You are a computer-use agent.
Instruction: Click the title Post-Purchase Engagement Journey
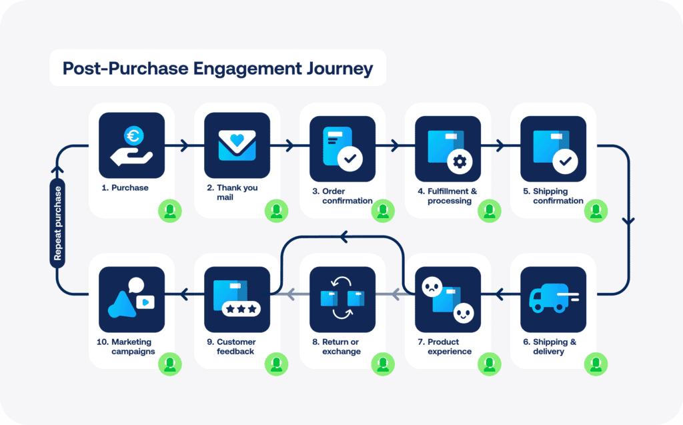click(x=217, y=68)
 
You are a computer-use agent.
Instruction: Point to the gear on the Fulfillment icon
click(x=458, y=161)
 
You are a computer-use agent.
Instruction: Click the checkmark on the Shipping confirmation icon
click(x=564, y=160)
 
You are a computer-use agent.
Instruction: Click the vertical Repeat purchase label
click(x=58, y=223)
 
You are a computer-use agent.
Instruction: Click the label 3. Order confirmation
click(x=343, y=195)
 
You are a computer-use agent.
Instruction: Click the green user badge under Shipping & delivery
click(x=596, y=364)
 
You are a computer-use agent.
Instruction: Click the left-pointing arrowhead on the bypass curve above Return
click(x=344, y=236)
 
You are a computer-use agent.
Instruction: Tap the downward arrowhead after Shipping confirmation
click(x=629, y=222)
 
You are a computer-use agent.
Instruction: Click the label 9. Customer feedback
click(x=236, y=346)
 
